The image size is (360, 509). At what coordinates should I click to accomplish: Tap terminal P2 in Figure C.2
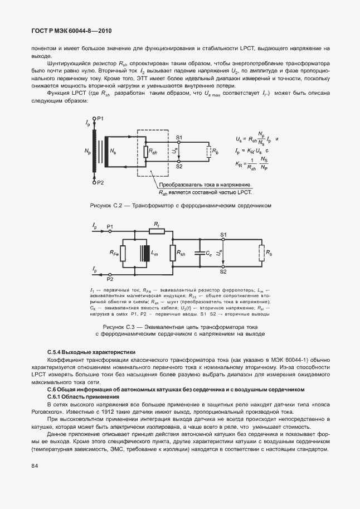pos(99,182)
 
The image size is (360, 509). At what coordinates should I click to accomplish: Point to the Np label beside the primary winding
pos(87,151)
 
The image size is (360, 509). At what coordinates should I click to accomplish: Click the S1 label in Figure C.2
pos(178,137)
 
